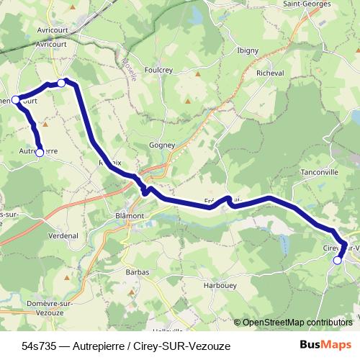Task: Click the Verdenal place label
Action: [64, 235]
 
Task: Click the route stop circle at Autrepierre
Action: [40, 151]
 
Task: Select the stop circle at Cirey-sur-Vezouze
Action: [338, 260]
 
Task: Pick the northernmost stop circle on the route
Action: [61, 84]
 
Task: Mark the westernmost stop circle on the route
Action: [16, 99]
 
